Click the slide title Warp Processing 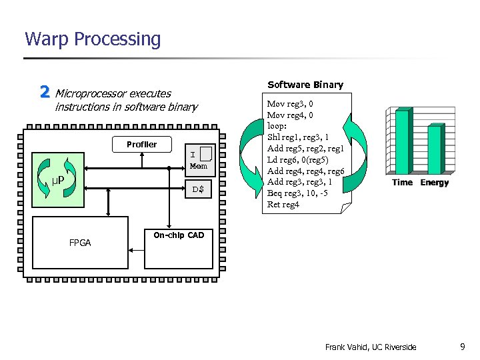coord(93,39)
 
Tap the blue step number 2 coord(45,92)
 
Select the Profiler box coord(142,144)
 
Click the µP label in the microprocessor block coord(58,181)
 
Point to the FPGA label coord(80,243)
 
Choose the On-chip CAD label coord(179,235)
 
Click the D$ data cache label coord(198,190)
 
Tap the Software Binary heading coord(305,85)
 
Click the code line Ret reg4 coord(283,204)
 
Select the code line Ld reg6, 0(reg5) coord(297,159)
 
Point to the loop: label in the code coord(277,125)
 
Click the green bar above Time coord(401,143)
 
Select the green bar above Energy coord(435,150)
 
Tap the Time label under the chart coord(402,183)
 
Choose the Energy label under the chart coord(435,183)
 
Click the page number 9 coord(462,346)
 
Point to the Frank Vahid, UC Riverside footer coord(371,347)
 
